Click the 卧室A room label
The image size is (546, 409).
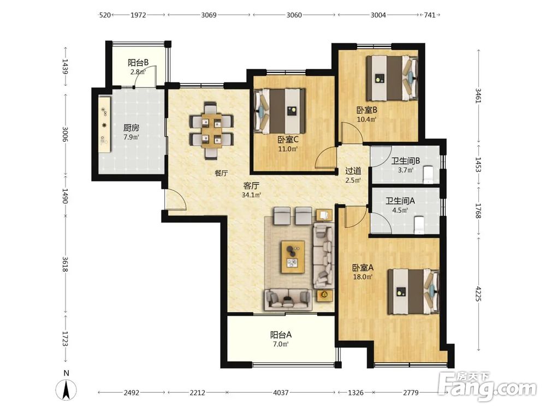[x=363, y=268]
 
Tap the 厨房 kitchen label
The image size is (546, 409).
[x=131, y=128]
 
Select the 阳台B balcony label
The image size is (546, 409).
[x=138, y=63]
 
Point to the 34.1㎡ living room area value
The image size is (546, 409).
[x=251, y=195]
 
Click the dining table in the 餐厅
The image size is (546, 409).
[x=211, y=131]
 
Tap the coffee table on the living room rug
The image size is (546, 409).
[x=293, y=257]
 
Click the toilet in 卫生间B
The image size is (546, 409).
[x=428, y=175]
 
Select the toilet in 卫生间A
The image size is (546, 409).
[x=419, y=225]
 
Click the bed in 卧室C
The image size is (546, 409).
[x=280, y=111]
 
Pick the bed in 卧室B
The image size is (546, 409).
[x=392, y=78]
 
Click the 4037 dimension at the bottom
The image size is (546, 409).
[x=281, y=393]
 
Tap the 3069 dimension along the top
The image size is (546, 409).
[x=209, y=15]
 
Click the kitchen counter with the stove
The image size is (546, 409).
[x=104, y=124]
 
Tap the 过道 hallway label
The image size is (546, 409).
[x=353, y=171]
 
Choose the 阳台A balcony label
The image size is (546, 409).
[x=281, y=335]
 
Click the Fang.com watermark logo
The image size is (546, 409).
[x=488, y=386]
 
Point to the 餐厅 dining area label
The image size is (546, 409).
[x=221, y=173]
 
